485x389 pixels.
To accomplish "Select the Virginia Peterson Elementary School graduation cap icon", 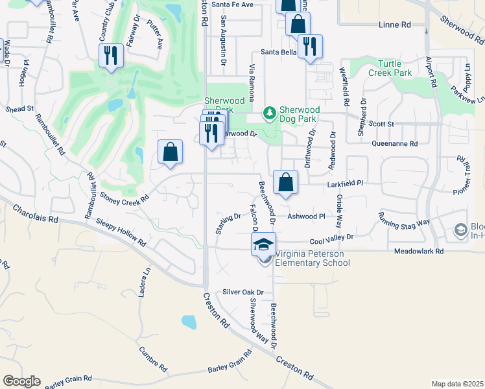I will [263, 244].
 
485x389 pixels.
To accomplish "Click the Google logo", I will [21, 381].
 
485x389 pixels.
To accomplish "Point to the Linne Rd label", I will [396, 25].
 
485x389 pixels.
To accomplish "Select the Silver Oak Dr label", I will [243, 292].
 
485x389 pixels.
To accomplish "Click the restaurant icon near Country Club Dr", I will [110, 55].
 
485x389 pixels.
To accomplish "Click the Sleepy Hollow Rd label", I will [120, 231].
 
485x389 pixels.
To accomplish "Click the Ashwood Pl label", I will [306, 217].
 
